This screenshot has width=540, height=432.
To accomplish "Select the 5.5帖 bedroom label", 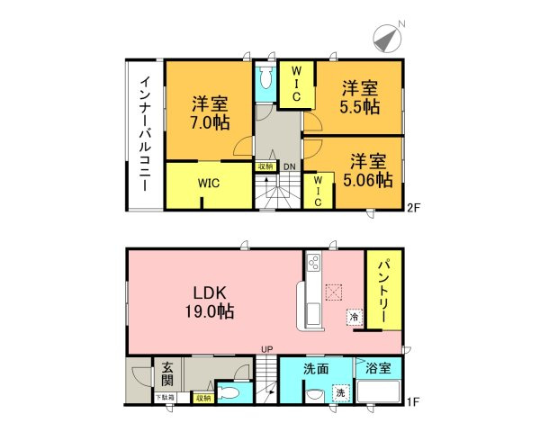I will point(359,96).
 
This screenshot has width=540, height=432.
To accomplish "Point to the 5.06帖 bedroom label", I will point(366,171).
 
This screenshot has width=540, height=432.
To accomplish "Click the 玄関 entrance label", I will point(168,371).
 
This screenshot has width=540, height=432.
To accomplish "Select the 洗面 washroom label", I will point(315,369).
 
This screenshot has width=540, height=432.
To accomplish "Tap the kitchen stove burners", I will point(315,263).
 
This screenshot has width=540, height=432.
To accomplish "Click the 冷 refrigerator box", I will point(354,317).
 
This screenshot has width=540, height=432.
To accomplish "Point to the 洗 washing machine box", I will point(341,393).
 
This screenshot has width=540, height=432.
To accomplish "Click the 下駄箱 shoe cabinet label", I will point(164,396).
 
